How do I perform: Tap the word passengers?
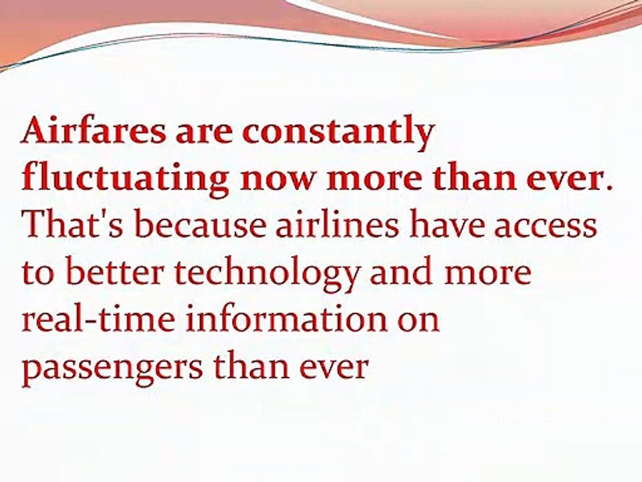[112, 368]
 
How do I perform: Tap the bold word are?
[205, 135]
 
